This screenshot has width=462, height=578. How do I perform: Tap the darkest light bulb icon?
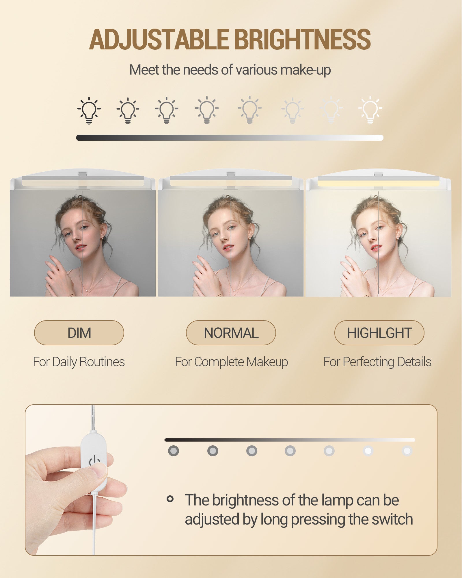pyautogui.click(x=89, y=110)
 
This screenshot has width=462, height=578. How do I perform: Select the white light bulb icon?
pyautogui.click(x=370, y=110)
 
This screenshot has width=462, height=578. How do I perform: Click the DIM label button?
pyautogui.click(x=79, y=333)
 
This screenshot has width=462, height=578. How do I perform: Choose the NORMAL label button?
pyautogui.click(x=231, y=333)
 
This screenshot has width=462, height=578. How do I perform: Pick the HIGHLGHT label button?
pyautogui.click(x=379, y=333)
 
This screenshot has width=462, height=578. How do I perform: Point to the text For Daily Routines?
pyautogui.click(x=79, y=362)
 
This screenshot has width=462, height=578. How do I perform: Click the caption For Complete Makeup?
pyautogui.click(x=231, y=362)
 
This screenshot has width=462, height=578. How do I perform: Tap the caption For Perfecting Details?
pyautogui.click(x=377, y=362)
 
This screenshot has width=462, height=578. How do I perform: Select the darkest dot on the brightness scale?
pyautogui.click(x=174, y=451)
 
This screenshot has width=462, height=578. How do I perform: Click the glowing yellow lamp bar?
pyautogui.click(x=378, y=183)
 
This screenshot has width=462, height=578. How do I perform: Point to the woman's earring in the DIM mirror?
pyautogui.click(x=103, y=238)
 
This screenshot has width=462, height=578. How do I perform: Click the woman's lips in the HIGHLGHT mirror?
pyautogui.click(x=376, y=247)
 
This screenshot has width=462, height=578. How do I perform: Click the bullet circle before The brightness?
pyautogui.click(x=170, y=499)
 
